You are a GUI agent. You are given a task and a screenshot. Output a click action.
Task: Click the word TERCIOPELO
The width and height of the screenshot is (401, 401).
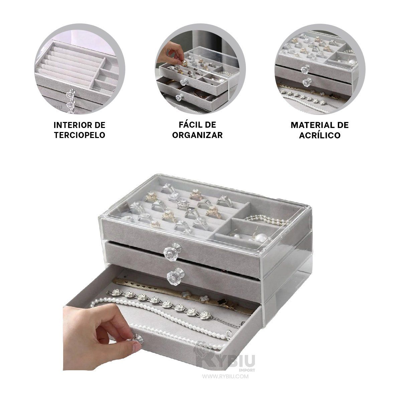(x=80, y=135)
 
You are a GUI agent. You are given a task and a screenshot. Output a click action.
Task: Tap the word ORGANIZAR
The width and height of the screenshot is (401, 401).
(x=197, y=135)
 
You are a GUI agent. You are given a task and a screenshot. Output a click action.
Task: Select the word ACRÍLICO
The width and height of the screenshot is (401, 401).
(x=320, y=135)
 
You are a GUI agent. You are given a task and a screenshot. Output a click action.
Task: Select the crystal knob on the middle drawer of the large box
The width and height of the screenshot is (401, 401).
(x=175, y=275)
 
